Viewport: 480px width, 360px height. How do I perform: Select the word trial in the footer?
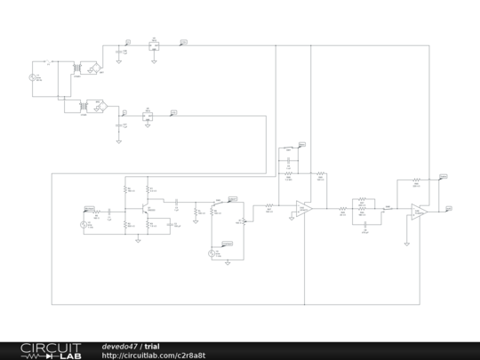(153, 346)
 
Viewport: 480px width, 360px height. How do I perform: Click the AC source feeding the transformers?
(35, 79)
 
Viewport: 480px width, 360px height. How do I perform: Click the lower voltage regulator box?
(148, 115)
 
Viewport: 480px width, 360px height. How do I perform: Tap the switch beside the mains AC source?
(48, 62)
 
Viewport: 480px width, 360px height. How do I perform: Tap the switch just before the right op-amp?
(388, 209)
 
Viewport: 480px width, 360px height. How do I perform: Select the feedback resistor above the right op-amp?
(415, 180)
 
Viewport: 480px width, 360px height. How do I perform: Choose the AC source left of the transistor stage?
(86, 225)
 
